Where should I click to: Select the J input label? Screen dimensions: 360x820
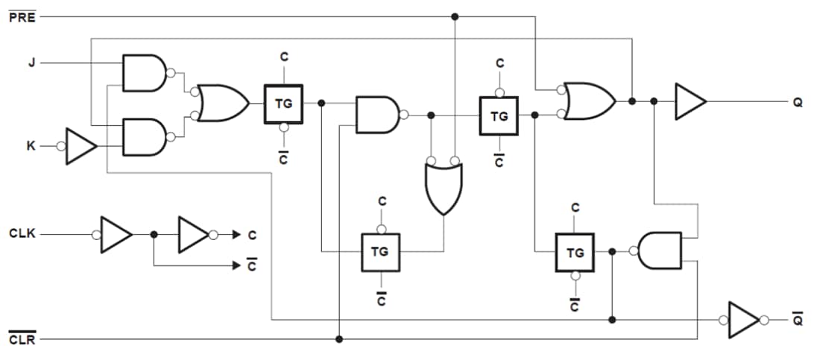[31, 63]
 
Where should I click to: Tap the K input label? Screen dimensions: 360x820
[31, 147]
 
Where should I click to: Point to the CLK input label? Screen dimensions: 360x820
[22, 234]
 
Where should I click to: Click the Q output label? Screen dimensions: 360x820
[798, 102]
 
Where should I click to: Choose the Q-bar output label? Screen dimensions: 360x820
[798, 320]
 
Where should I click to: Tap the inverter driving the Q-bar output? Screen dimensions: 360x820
[742, 320]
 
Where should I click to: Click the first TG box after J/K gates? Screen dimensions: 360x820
[283, 104]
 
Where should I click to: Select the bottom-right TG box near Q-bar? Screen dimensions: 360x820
[575, 252]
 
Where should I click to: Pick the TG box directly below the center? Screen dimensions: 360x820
[381, 252]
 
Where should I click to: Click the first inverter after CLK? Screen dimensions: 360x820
[116, 234]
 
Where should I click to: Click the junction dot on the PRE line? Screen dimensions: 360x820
[455, 16]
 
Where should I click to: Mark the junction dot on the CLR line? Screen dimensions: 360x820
[339, 339]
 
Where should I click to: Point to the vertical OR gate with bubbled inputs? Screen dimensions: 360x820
[443, 186]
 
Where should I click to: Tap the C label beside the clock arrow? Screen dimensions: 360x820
[252, 236]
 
